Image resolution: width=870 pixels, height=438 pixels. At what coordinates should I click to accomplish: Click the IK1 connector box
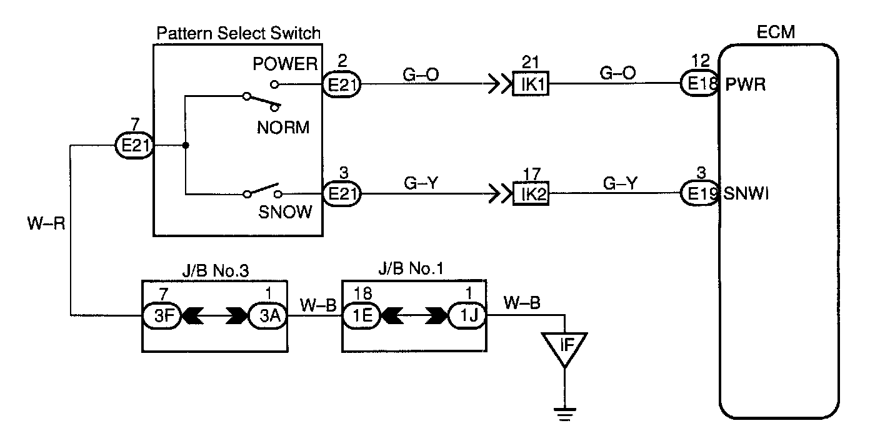[531, 83]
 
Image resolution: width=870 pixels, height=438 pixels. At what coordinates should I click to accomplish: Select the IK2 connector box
[531, 193]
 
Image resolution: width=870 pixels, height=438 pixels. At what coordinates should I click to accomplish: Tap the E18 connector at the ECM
[699, 83]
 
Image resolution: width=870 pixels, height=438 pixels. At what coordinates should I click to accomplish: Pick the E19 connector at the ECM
[699, 193]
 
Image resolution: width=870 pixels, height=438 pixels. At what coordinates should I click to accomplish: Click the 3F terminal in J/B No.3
[162, 315]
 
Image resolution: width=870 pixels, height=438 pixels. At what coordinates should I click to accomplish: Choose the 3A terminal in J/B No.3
[268, 315]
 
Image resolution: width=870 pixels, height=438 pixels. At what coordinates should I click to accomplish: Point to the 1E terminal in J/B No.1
[362, 315]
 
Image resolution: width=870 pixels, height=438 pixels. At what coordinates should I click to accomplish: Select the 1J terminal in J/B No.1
[467, 315]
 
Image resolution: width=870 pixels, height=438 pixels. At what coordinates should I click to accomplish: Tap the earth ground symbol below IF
[565, 414]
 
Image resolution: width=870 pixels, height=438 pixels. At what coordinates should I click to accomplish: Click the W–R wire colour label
[46, 223]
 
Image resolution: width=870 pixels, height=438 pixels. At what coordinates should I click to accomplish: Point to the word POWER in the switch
[285, 64]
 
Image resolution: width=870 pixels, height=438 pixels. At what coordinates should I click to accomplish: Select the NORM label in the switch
[283, 128]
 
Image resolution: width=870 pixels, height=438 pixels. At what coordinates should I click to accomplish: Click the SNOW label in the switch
[285, 212]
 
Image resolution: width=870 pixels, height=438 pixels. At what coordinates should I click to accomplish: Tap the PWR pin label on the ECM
[746, 84]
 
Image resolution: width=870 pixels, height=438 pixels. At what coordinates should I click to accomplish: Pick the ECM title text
[776, 32]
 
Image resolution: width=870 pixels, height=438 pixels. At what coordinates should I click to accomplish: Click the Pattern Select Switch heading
[239, 33]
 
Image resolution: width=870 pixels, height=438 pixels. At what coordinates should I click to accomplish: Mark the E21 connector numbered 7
[135, 145]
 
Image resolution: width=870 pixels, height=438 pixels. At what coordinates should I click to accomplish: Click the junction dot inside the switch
[186, 145]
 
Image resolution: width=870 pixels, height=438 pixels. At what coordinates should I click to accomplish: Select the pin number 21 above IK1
[531, 62]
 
